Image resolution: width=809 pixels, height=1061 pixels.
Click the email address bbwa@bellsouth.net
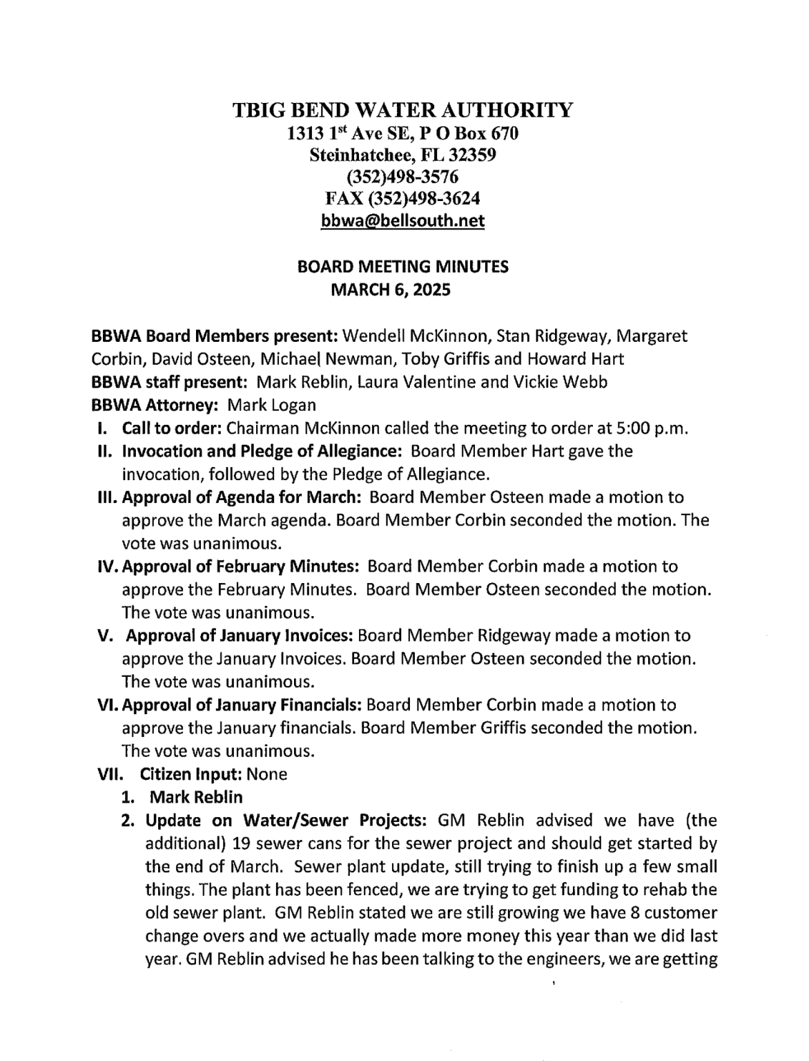click(x=402, y=222)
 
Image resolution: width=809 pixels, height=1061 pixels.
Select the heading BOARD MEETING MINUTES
click(x=402, y=267)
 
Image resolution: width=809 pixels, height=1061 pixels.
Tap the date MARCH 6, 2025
click(x=391, y=290)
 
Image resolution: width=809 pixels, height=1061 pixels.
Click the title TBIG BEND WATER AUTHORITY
click(x=402, y=110)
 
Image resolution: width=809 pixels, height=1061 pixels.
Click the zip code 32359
click(x=471, y=155)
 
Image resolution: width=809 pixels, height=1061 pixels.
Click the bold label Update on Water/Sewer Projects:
click(x=286, y=821)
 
